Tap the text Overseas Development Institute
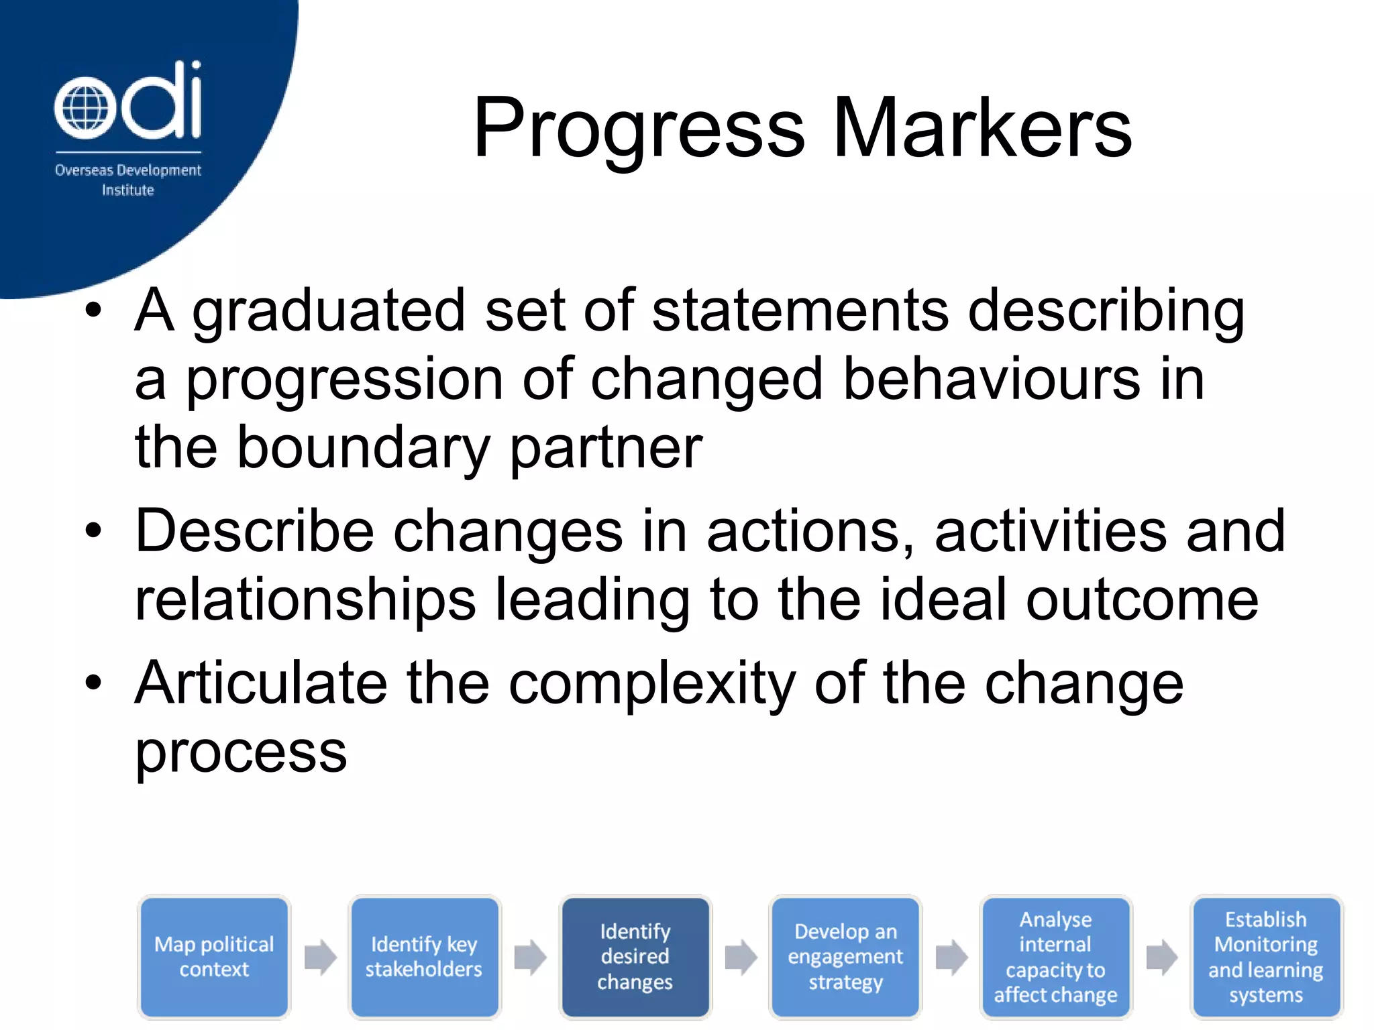tap(127, 180)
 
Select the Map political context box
tap(214, 957)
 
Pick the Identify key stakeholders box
tap(424, 957)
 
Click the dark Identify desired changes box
tap(635, 957)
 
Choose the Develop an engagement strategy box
tap(845, 957)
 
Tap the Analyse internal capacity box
tap(1055, 957)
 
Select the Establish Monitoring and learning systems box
tap(1266, 957)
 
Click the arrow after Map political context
tap(320, 957)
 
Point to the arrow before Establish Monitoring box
tap(1161, 957)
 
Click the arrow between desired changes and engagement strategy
tap(741, 957)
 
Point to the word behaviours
tap(991, 380)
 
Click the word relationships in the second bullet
tap(305, 599)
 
